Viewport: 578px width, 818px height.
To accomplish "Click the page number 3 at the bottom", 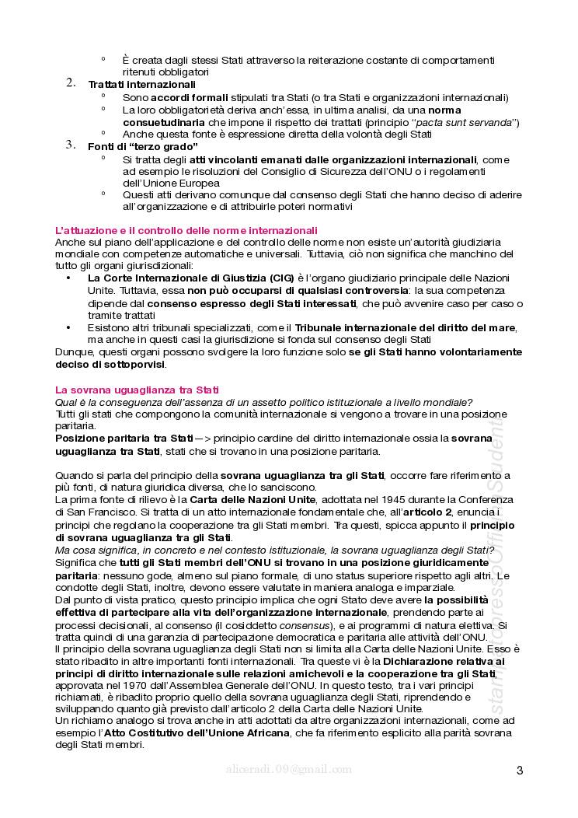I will (519, 771).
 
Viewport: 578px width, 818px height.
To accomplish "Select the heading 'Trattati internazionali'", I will (141, 84).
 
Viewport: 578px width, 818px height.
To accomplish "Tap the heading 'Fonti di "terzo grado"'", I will (143, 146).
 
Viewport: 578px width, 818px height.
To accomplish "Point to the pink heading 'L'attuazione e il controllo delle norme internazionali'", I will (186, 230).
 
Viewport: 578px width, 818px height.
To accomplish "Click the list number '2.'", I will (71, 83).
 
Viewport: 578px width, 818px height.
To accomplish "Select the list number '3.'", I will (71, 145).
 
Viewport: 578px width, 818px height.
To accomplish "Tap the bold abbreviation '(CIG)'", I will (282, 278).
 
